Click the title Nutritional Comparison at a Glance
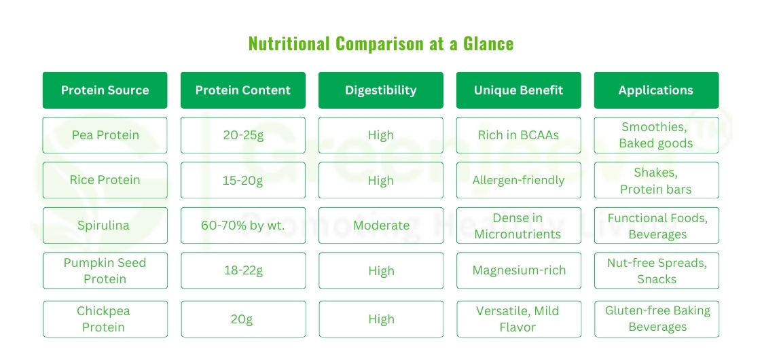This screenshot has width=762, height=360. point(380,44)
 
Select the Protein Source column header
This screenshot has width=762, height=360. point(105,90)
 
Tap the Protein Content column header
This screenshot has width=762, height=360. point(242,90)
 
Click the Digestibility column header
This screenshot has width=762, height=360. point(380,90)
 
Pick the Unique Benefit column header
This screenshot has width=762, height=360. point(518,90)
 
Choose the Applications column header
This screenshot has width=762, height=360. point(655,90)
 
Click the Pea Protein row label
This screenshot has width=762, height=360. point(105,135)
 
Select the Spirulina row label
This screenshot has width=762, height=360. point(105,226)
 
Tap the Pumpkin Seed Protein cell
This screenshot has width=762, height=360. point(105,270)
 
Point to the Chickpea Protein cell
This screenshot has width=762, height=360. point(105,319)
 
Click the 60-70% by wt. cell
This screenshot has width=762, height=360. point(242,226)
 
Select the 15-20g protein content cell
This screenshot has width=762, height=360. point(242,180)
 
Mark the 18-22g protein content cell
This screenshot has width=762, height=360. point(242,270)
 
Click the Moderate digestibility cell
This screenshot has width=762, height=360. point(380,226)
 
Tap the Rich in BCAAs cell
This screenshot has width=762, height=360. point(518,135)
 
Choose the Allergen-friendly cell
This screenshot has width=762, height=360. point(518,180)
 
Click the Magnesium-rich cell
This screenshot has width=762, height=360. point(518,270)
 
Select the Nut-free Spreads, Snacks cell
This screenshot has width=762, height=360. point(656,270)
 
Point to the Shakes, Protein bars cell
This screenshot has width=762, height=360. point(656,181)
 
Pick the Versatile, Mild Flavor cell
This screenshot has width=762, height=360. point(518,319)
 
